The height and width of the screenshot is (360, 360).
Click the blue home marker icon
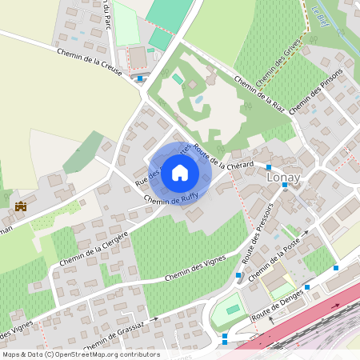[180, 173]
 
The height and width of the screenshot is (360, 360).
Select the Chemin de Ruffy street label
[166, 204]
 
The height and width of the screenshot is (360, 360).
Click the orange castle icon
[21, 206]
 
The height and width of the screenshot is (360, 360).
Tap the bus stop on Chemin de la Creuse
[141, 78]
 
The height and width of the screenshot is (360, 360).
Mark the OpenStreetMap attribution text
[81, 354]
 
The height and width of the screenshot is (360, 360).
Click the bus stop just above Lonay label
[269, 167]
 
